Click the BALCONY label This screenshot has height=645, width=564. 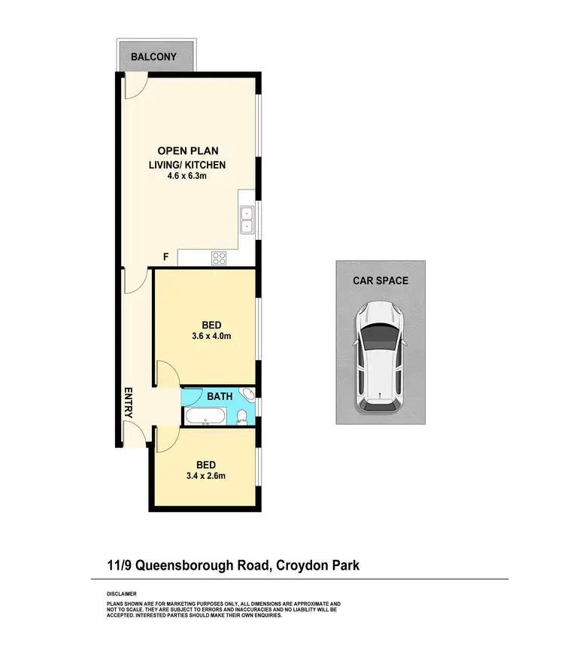153,56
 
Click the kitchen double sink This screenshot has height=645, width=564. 247,219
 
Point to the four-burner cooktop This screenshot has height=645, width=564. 220,258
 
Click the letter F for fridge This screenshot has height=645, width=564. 165,257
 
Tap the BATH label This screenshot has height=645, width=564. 219,395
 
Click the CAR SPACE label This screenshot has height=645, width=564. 381,280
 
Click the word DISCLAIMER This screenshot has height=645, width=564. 122,594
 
